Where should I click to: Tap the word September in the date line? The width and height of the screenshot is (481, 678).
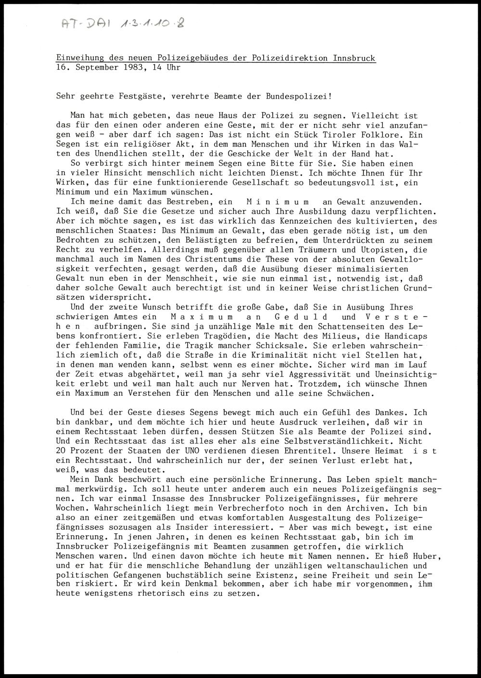(x=94, y=68)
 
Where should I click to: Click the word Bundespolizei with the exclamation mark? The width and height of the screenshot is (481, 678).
(x=299, y=96)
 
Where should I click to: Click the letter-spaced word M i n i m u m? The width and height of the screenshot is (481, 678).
(x=278, y=202)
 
